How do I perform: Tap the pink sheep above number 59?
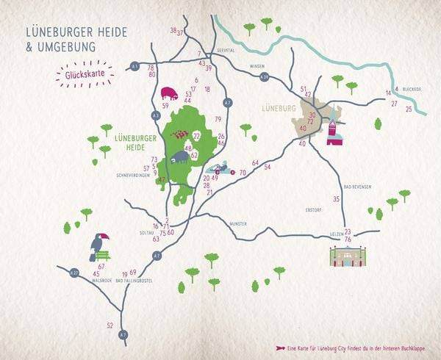point(169,94)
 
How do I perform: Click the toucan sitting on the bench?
point(98,246)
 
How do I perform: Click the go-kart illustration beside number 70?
point(221,170)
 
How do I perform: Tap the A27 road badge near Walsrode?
point(74,273)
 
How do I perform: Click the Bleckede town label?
point(411,89)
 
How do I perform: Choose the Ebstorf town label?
point(315,210)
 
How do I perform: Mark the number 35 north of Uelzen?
point(336,199)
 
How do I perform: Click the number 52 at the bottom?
point(110,325)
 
